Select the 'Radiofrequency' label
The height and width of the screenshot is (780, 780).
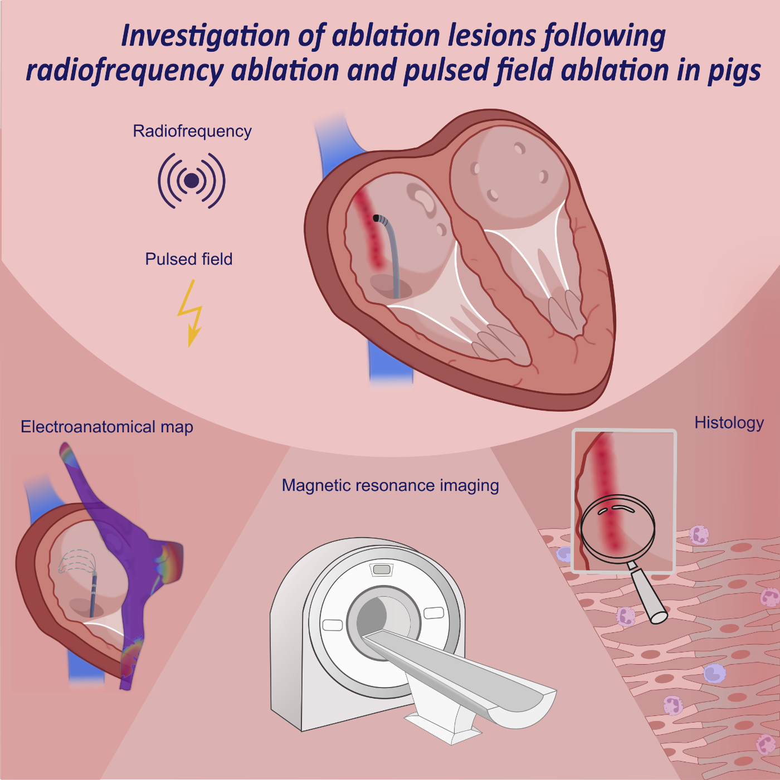pos(192,131)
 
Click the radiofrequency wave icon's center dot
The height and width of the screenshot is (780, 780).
pos(192,181)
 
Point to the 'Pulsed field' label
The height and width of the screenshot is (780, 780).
pos(189,260)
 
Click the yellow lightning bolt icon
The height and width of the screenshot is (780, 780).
pos(191,313)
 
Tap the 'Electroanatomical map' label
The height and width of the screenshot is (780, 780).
pos(107,427)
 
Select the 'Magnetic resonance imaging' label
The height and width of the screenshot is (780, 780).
pos(390,486)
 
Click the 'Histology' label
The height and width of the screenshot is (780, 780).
pos(729,423)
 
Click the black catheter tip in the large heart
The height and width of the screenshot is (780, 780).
pos(377,218)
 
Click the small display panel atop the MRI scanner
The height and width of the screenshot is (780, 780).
pos(382,569)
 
